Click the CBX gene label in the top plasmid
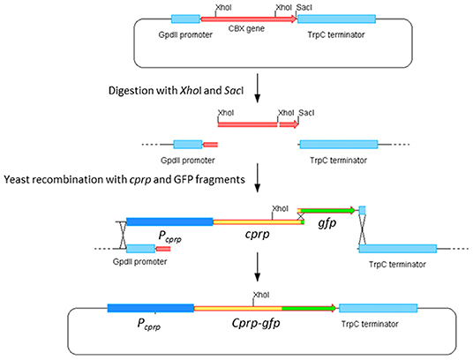coord(246,29)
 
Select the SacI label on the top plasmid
coord(304,8)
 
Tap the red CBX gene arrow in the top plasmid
coord(249,19)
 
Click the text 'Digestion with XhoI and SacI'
coord(176,91)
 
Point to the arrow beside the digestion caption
coord(257,88)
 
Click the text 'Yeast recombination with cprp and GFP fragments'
coord(124,180)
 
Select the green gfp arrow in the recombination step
coord(327,211)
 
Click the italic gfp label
coord(327,223)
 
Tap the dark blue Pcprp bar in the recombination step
coord(169,221)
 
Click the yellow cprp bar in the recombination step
coord(259,222)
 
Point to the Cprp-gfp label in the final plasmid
coord(256,323)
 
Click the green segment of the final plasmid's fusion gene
coord(309,308)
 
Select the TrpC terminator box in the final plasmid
coord(379,308)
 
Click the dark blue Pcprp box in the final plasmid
coord(151,308)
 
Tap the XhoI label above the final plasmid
coord(261,295)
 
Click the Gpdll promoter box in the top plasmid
coord(185,19)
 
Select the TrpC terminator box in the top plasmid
coord(336,19)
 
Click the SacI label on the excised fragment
coord(306,113)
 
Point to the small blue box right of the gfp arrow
coord(363,210)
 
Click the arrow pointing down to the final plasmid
coord(257,266)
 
